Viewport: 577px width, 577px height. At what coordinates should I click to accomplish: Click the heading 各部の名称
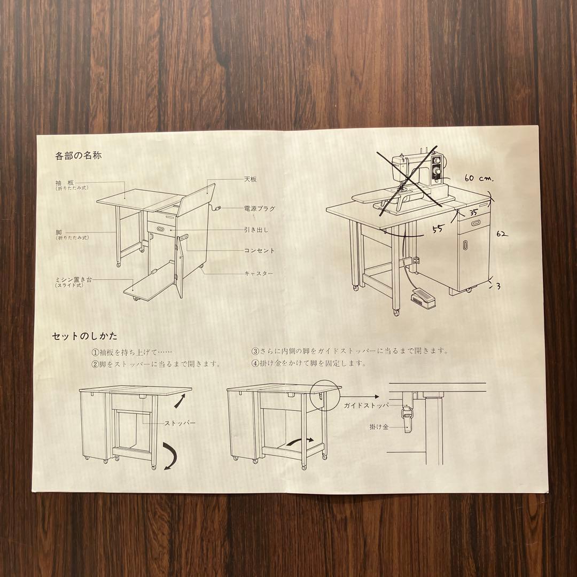(x=78, y=157)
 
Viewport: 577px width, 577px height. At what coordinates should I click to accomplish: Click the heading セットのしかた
(x=84, y=337)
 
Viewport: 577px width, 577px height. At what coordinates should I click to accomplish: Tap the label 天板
(x=250, y=180)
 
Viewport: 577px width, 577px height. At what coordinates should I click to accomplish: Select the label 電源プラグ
(x=259, y=209)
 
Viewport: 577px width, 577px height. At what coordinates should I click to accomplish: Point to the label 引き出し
(x=256, y=230)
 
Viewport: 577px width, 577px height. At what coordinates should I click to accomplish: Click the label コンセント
(x=259, y=251)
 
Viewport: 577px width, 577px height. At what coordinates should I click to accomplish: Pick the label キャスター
(x=259, y=274)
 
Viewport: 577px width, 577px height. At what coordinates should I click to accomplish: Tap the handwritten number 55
(x=438, y=230)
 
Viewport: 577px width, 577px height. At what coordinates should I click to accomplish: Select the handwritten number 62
(x=502, y=234)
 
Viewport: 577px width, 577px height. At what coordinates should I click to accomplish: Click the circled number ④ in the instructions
(x=255, y=363)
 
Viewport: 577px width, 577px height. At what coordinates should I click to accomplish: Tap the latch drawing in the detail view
(x=408, y=420)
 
